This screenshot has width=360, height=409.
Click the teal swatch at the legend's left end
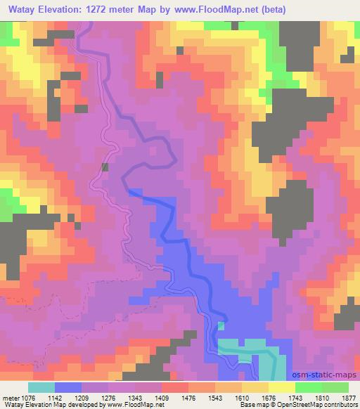pos(41,387)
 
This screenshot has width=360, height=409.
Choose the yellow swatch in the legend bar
pos(282,387)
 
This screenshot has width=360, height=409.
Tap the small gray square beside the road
pos(105,167)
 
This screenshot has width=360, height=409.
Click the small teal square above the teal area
pos(221,325)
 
